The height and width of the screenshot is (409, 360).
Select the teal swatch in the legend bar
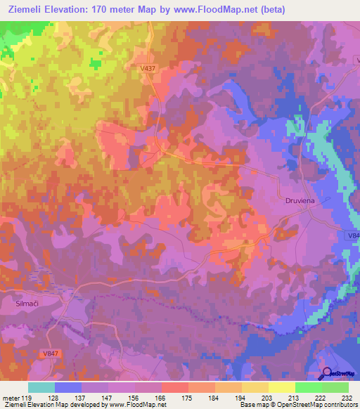[x=41, y=387]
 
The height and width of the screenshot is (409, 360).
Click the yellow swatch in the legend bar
[x=281, y=387]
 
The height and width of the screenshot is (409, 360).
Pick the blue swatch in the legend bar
[x=68, y=387]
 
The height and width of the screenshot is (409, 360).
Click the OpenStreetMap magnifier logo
[x=327, y=373]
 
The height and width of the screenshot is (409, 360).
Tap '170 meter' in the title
[x=127, y=8]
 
